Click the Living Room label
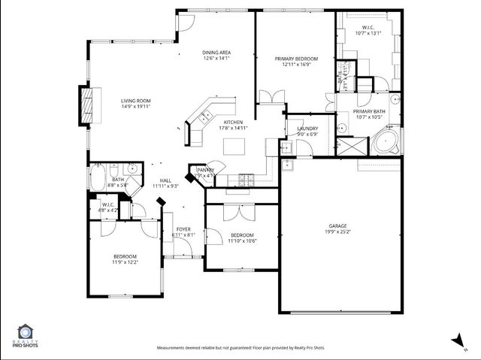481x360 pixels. click(x=136, y=100)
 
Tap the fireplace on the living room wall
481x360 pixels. click(x=89, y=105)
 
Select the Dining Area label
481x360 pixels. click(x=216, y=52)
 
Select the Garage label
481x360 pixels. click(x=337, y=225)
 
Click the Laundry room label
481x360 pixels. click(x=307, y=129)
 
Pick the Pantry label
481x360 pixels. click(x=204, y=170)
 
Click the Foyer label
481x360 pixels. click(x=183, y=229)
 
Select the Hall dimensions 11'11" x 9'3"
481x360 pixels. click(x=165, y=186)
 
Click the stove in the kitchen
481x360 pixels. click(x=245, y=178)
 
